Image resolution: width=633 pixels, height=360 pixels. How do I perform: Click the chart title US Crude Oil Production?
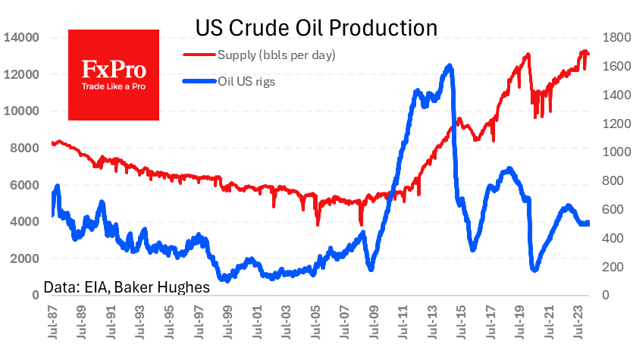(317, 27)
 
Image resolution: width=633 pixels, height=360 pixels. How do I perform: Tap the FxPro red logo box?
(114, 75)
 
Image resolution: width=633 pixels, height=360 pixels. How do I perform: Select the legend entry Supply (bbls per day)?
(276, 55)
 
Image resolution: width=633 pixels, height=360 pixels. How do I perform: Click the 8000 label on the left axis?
(23, 148)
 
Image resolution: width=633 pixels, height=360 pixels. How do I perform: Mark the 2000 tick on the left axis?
(23, 258)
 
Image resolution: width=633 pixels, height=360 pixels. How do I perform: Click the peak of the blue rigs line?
(450, 66)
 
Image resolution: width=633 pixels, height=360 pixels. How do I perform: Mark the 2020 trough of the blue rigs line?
(534, 269)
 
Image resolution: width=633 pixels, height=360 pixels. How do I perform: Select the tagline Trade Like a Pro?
(114, 86)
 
